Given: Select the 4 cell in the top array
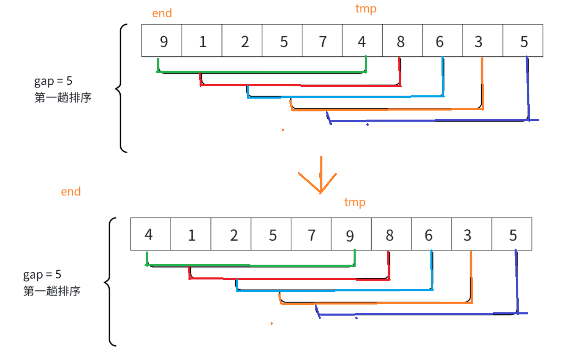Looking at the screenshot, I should pyautogui.click(x=362, y=41).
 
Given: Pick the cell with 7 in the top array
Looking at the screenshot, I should pyautogui.click(x=322, y=41).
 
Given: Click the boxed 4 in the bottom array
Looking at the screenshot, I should pyautogui.click(x=150, y=235).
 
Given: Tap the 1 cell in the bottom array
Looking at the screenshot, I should pyautogui.click(x=191, y=235).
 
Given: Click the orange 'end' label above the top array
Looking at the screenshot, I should pyautogui.click(x=162, y=14).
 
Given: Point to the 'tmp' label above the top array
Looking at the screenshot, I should pyautogui.click(x=366, y=9).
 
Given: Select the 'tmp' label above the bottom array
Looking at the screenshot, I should pyautogui.click(x=354, y=202).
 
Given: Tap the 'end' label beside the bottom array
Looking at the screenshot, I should pyautogui.click(x=71, y=192).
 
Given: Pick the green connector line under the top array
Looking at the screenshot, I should pyautogui.click(x=261, y=72).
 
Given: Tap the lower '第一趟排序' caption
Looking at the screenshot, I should pyautogui.click(x=52, y=291).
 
